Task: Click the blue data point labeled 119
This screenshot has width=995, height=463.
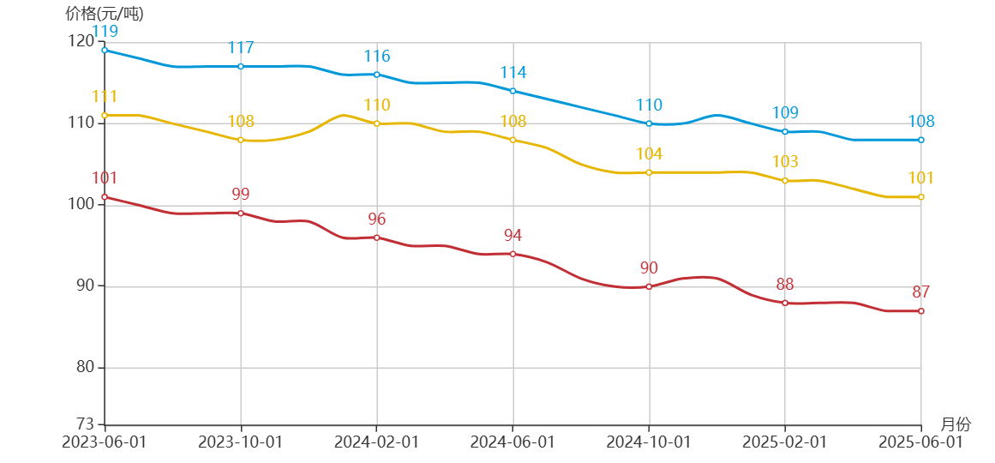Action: [x=105, y=50]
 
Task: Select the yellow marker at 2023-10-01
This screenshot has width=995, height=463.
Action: [x=241, y=140]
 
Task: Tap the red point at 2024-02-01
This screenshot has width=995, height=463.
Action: [x=377, y=238]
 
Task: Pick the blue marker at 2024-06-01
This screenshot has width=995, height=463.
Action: [x=512, y=91]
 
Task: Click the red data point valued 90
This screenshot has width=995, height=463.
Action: [x=649, y=286]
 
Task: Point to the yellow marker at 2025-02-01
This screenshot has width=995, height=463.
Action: [x=785, y=181]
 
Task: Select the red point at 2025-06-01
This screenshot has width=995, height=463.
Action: [x=921, y=311]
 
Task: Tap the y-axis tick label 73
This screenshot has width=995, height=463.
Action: [x=85, y=424]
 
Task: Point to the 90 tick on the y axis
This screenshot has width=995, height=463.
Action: [x=85, y=286]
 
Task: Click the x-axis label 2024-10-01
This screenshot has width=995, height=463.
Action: [x=649, y=442]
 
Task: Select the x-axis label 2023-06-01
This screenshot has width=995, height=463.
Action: [x=105, y=442]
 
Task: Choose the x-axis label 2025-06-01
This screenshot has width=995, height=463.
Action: [x=921, y=442]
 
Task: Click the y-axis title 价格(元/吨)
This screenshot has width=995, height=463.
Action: [x=105, y=14]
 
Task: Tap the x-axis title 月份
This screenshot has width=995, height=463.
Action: [x=956, y=424]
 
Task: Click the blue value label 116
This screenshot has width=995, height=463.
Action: [x=377, y=57]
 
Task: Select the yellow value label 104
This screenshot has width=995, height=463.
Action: [x=649, y=154]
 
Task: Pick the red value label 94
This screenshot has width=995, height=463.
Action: [x=512, y=236]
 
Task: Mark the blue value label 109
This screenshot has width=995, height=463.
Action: [x=785, y=113]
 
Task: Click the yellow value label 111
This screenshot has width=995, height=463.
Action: [x=105, y=97]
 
